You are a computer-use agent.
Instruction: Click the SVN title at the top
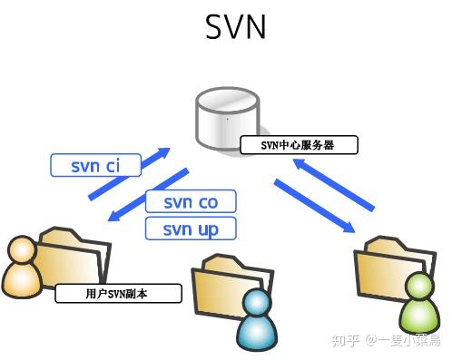(x=235, y=26)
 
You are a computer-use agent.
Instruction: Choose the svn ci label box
(x=95, y=165)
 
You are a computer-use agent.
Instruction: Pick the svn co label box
(x=191, y=201)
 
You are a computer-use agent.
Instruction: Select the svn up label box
(x=191, y=229)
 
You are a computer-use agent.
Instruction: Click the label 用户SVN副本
(x=119, y=294)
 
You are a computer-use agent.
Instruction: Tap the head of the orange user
(x=20, y=250)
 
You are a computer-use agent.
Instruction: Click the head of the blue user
(x=256, y=304)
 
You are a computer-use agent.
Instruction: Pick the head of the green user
(x=419, y=288)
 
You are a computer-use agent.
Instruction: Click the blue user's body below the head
(x=256, y=335)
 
